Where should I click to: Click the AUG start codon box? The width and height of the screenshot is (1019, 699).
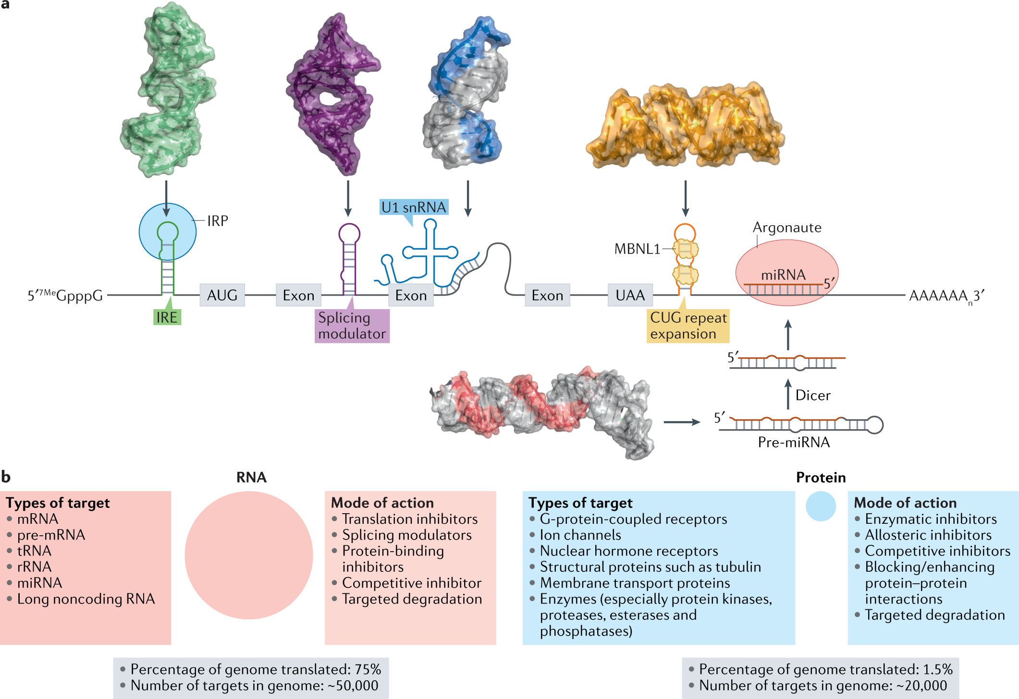point(222,295)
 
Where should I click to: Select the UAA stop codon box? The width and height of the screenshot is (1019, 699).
point(630,295)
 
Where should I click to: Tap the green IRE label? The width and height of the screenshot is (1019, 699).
point(167,317)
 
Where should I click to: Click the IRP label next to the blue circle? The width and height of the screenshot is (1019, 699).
point(217,221)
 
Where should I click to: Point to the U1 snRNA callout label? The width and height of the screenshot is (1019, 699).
point(414,207)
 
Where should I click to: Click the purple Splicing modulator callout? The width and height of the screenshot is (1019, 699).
point(352,325)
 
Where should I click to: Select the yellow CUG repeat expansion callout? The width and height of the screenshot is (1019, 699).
point(688,325)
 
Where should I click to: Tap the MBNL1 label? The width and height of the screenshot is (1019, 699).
point(637,249)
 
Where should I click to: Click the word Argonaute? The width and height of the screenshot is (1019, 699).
point(787,227)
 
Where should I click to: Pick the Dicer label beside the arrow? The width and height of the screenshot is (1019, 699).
point(813,395)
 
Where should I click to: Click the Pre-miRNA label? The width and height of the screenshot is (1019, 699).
point(794,442)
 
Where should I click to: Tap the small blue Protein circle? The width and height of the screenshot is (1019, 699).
point(821,506)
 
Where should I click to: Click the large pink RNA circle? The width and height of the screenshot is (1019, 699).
point(249,555)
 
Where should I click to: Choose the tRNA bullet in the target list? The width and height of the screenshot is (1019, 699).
point(34,551)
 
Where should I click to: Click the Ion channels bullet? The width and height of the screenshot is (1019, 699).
point(580,535)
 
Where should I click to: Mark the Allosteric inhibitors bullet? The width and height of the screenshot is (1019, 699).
point(928,535)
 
